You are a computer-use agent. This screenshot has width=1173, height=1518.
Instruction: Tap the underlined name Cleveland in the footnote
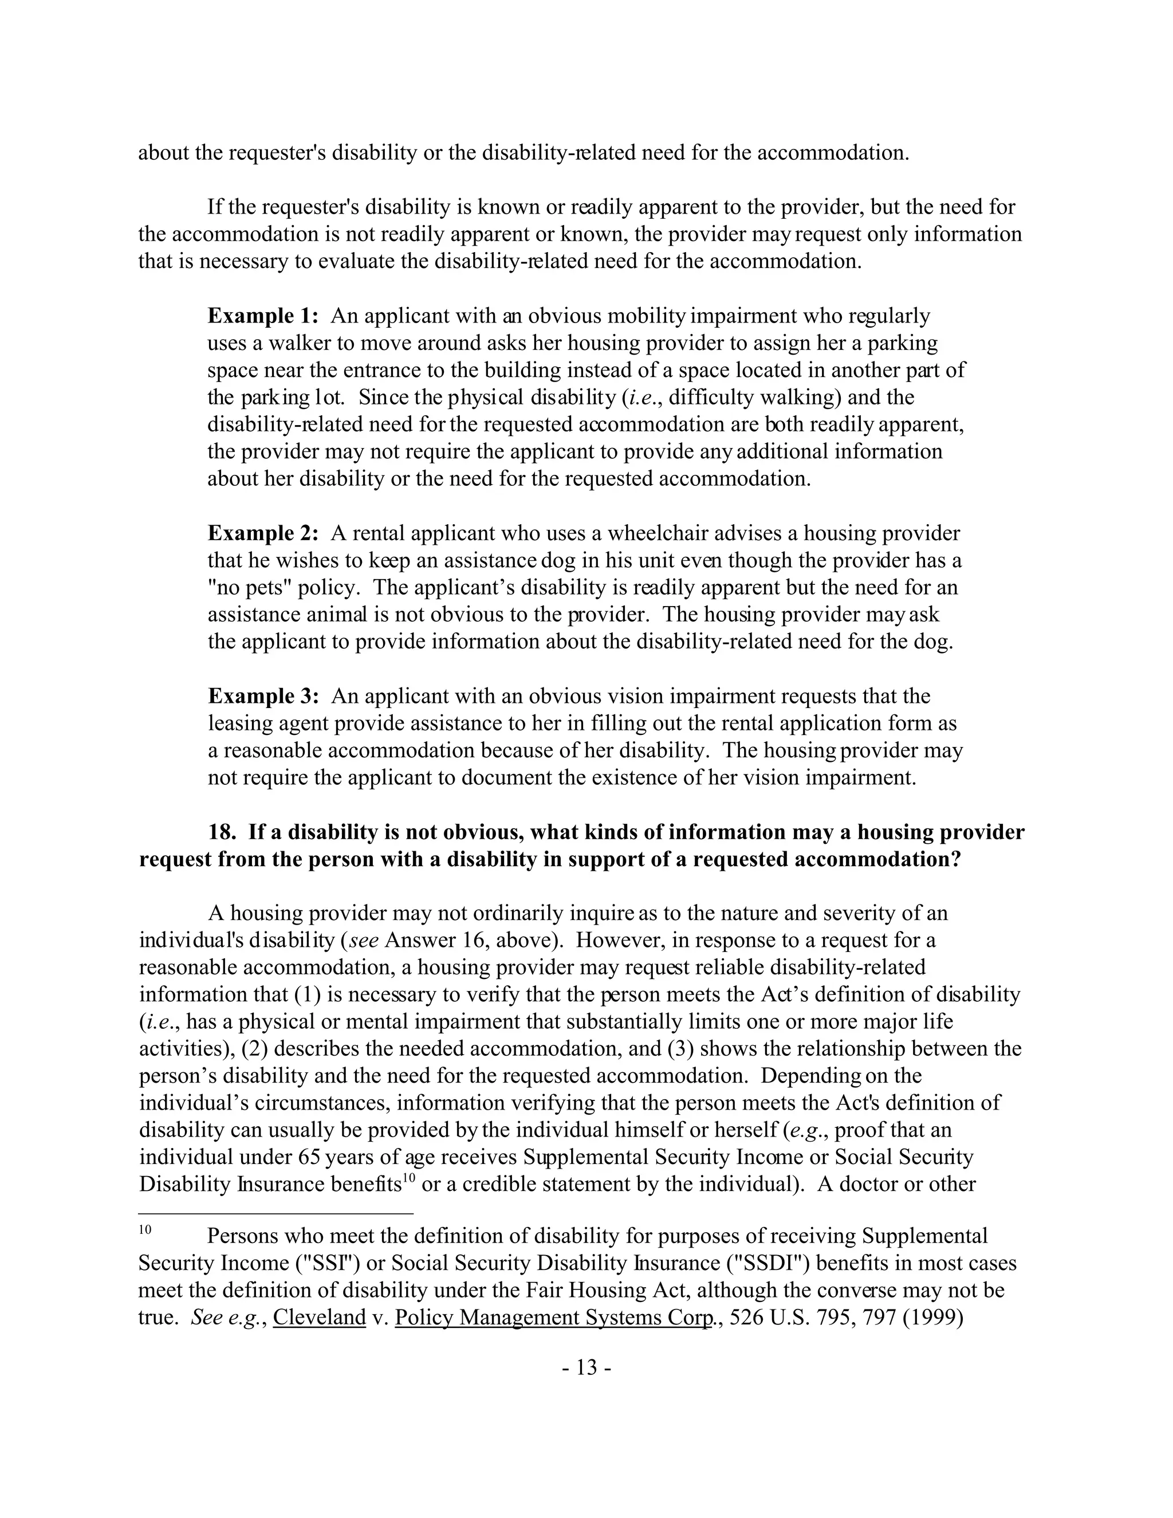(319, 1317)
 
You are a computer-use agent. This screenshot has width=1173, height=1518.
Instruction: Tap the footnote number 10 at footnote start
(145, 1229)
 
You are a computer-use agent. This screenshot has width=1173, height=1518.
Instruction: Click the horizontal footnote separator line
(276, 1214)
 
